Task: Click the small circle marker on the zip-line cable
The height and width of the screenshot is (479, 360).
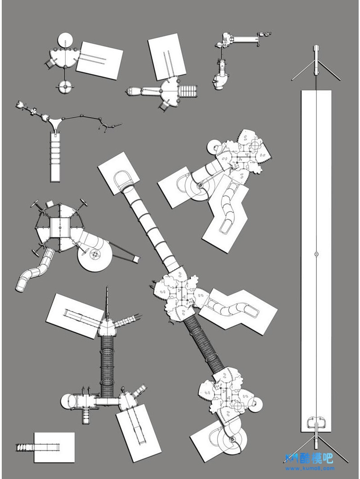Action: (x=316, y=254)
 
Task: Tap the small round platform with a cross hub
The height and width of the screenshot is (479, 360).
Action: (x=65, y=86)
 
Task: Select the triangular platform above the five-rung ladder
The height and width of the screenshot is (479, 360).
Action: (x=56, y=122)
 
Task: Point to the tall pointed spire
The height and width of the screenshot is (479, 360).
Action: (x=108, y=304)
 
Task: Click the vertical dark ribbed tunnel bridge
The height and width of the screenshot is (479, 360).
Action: (x=108, y=365)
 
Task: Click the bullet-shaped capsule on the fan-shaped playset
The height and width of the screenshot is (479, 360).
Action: (x=134, y=92)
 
